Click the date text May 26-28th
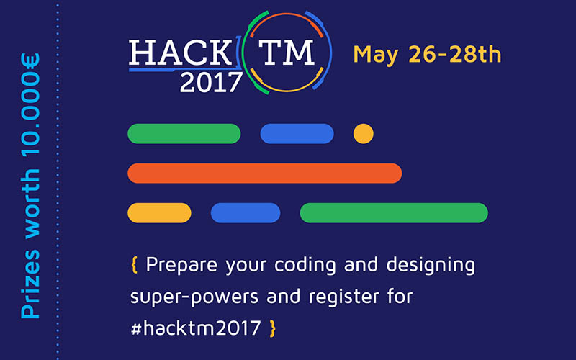click(427, 54)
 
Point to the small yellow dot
click(364, 134)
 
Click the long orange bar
click(264, 174)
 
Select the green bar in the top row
click(184, 134)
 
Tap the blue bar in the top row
click(297, 134)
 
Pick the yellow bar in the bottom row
click(159, 213)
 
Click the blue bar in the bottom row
click(245, 213)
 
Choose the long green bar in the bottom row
click(394, 213)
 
